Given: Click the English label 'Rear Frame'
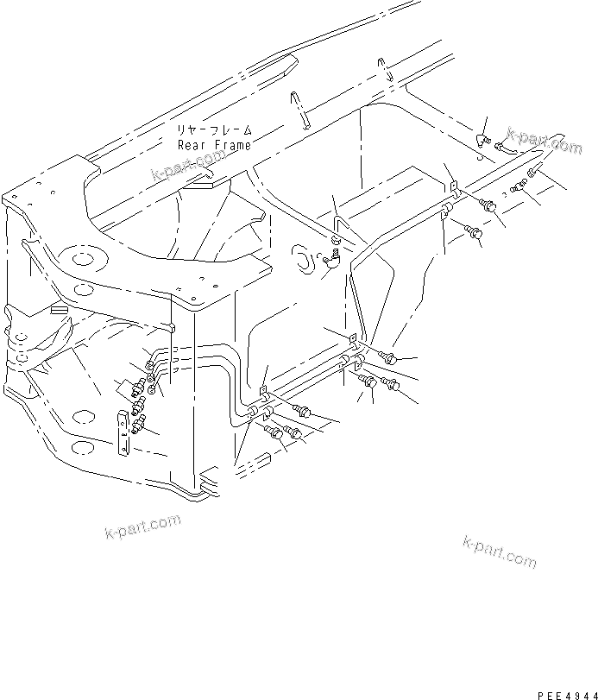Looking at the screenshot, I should (214, 145).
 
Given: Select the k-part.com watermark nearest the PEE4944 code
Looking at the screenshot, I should (499, 552).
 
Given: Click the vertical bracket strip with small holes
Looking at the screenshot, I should (124, 433).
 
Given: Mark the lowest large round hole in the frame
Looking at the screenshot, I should (81, 446).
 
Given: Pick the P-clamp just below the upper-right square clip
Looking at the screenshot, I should (447, 211).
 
